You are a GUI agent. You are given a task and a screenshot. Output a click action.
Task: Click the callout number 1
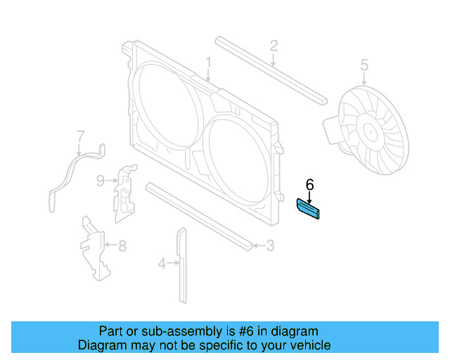point(209,65)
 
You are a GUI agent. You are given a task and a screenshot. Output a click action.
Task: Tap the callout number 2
point(274,46)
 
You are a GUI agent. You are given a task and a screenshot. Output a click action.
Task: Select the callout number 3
point(270,246)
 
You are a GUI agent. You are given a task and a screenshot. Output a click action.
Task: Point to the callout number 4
point(162,264)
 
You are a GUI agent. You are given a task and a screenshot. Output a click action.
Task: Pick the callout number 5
point(364,65)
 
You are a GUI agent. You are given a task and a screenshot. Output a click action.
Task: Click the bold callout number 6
point(309,185)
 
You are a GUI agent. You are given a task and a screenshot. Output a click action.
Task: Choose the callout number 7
point(80,135)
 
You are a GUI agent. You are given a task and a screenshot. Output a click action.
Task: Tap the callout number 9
point(101,181)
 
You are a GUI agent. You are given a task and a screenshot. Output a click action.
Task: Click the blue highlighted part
point(308,209)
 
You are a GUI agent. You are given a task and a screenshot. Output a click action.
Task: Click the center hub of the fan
point(368,131)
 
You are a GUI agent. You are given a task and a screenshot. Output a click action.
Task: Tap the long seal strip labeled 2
point(271,70)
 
